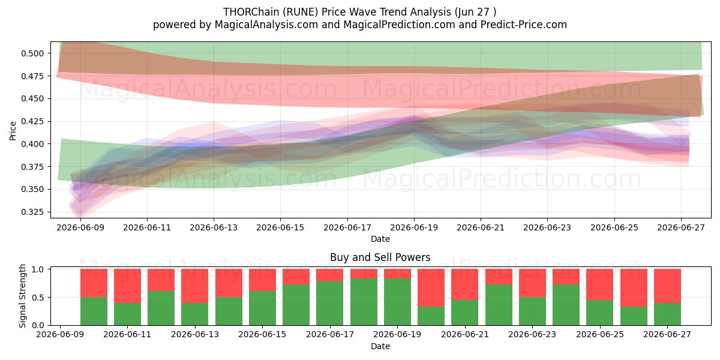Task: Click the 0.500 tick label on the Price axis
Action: point(32,53)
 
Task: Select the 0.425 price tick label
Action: point(32,121)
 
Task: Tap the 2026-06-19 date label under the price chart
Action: point(414,228)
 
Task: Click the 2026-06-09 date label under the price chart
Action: point(80,228)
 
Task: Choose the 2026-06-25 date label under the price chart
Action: point(614,228)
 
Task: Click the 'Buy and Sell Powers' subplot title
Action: point(380,257)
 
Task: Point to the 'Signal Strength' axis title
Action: point(22,296)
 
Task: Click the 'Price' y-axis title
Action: point(13,131)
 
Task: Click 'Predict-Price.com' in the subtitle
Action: point(524,25)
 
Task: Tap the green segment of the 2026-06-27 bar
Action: point(667,314)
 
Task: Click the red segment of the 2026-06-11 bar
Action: point(127,286)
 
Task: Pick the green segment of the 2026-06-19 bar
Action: point(397,302)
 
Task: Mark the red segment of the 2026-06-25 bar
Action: point(600,284)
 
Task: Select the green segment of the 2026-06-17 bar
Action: point(330,304)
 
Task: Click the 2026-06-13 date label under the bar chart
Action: point(195,335)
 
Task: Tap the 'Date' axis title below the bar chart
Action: point(380,347)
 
